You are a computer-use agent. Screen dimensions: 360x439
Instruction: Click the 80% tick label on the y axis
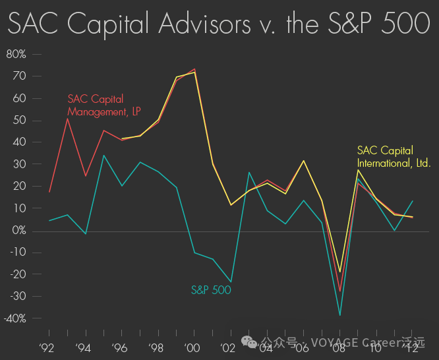click(16, 54)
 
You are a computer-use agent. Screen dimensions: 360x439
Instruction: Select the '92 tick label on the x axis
click(47, 347)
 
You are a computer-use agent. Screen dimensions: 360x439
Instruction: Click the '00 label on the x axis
click(192, 347)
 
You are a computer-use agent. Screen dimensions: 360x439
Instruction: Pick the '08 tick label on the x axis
click(339, 347)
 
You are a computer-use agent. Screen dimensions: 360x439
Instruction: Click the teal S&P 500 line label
click(211, 289)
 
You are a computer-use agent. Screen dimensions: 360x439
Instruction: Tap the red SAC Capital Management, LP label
click(103, 105)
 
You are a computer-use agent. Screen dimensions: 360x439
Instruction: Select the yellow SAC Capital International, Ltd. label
click(394, 156)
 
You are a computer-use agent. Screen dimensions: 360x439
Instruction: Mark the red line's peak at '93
click(68, 118)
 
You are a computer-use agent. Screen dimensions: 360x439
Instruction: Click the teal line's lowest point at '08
click(340, 315)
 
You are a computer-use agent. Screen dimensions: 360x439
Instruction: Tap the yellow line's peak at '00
click(194, 73)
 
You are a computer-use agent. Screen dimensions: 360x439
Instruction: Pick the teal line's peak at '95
click(104, 156)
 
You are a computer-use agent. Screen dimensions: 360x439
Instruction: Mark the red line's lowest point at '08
click(340, 291)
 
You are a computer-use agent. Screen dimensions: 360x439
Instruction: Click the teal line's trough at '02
click(231, 282)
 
